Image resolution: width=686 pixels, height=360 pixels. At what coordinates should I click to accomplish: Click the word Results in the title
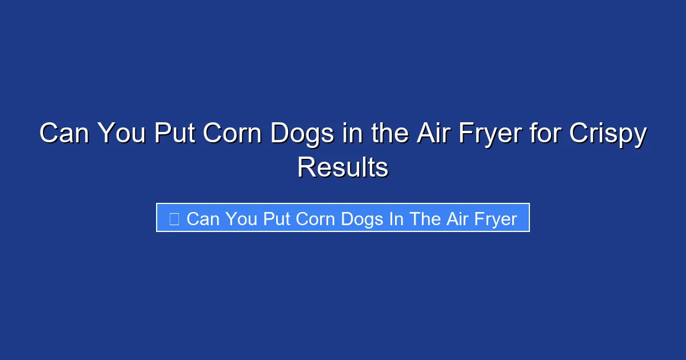tap(343, 167)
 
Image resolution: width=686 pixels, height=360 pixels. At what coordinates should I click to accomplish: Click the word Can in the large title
tap(64, 134)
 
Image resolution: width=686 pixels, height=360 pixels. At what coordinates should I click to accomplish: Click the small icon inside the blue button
tap(174, 218)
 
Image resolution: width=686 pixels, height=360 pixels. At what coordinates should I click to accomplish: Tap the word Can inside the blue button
tap(203, 218)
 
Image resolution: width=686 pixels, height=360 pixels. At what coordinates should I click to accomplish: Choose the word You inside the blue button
tap(242, 218)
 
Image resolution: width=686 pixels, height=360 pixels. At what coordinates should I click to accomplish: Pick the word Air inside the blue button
tap(457, 218)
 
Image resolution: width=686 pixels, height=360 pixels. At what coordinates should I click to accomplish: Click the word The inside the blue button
tap(425, 218)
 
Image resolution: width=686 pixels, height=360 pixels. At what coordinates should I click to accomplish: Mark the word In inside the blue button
tap(396, 218)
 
